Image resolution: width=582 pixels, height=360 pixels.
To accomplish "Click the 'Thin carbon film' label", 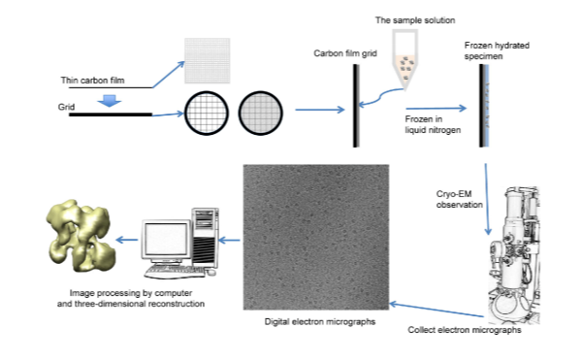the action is pyautogui.click(x=92, y=81).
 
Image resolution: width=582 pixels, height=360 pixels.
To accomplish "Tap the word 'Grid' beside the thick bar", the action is pyautogui.click(x=66, y=107).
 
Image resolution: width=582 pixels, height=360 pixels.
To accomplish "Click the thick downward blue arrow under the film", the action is pyautogui.click(x=109, y=101).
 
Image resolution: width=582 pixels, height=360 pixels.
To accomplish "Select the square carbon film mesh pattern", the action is pyautogui.click(x=208, y=60).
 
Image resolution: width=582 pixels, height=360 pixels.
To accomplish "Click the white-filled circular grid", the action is pyautogui.click(x=207, y=113).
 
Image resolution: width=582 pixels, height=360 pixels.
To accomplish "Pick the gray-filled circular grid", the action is pyautogui.click(x=261, y=113).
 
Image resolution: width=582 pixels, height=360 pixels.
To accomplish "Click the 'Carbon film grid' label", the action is pyautogui.click(x=345, y=53).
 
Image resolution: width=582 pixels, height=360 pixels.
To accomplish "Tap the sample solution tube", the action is pyautogui.click(x=405, y=59).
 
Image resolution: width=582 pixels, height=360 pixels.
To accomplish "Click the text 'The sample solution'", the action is pyautogui.click(x=415, y=20).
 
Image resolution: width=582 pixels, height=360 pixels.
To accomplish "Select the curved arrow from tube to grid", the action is pyautogui.click(x=380, y=96).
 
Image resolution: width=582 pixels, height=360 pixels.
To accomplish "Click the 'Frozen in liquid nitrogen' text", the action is pyautogui.click(x=433, y=124).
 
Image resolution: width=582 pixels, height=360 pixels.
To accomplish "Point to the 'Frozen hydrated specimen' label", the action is pyautogui.click(x=497, y=50).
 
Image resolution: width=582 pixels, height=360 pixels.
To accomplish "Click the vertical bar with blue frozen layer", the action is pyautogui.click(x=484, y=106).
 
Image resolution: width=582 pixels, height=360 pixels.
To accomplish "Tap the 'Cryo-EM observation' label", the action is pyautogui.click(x=459, y=199).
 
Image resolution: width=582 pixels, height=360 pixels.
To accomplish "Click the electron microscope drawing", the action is pyautogui.click(x=514, y=255).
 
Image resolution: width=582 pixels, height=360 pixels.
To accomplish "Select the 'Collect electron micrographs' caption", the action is pyautogui.click(x=465, y=330).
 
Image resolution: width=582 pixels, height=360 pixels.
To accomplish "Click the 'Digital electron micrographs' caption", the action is pyautogui.click(x=320, y=321).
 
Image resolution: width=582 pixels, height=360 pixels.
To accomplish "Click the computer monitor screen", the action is pyautogui.click(x=166, y=240).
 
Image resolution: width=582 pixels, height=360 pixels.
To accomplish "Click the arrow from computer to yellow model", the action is pyautogui.click(x=127, y=240).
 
